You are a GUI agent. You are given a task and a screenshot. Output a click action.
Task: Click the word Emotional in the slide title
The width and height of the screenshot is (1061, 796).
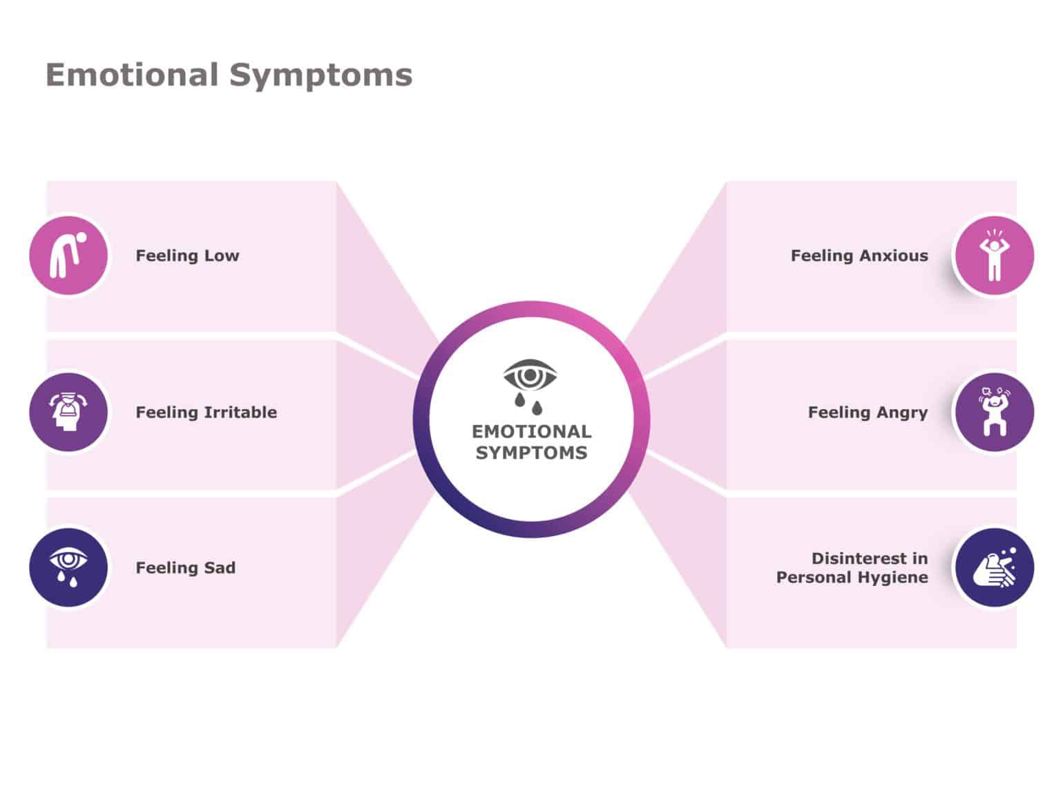tap(131, 75)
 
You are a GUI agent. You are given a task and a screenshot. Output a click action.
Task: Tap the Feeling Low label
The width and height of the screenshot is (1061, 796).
tap(187, 256)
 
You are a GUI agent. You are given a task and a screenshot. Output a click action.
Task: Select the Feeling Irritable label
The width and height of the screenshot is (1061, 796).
tap(206, 413)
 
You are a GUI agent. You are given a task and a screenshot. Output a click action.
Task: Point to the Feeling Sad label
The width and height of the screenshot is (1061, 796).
tap(185, 568)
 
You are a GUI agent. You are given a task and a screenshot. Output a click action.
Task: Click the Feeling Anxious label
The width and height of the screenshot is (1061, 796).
tap(859, 256)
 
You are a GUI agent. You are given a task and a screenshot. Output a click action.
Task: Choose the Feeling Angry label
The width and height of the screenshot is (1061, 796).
tap(868, 413)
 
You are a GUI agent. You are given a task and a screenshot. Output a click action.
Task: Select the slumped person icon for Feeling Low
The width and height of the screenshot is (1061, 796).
tap(68, 256)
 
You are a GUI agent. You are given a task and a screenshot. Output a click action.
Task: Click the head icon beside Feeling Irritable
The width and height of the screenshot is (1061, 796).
tap(68, 413)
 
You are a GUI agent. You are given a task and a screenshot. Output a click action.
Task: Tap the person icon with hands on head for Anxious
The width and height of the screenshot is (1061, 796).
tap(993, 256)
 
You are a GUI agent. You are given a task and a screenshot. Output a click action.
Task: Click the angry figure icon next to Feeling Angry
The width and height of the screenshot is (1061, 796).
tap(993, 413)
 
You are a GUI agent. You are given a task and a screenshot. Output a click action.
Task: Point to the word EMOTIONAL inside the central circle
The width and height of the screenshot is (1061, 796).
tap(531, 432)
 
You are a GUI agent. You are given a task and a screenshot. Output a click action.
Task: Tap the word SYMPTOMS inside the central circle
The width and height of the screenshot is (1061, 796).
tap(531, 453)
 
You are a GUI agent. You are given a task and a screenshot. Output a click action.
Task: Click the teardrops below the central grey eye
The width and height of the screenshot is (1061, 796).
tap(528, 403)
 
